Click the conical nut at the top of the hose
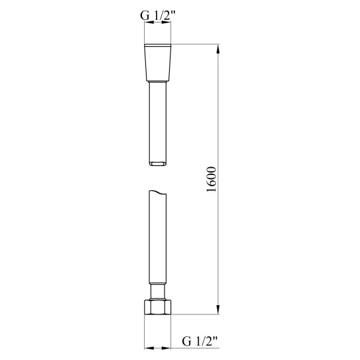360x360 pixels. tap(158, 62)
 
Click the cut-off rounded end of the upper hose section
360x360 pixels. tap(158, 163)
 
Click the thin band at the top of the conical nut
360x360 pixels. tap(158, 47)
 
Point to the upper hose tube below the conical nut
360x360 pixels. tap(158, 119)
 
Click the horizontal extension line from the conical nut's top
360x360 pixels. tap(195, 44)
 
